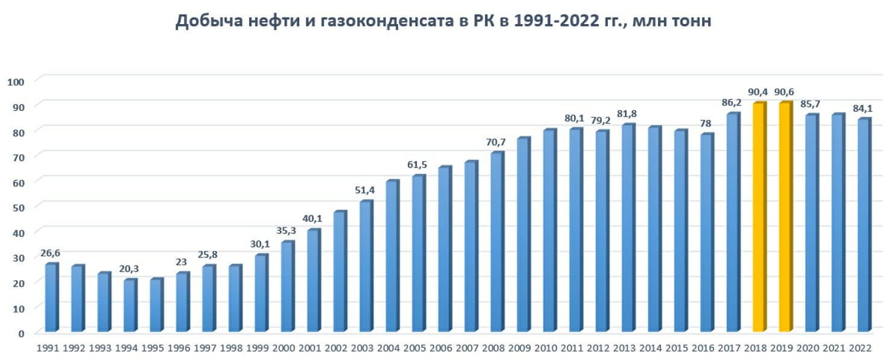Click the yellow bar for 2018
(x=759, y=217)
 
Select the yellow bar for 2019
(x=785, y=217)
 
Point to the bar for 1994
(x=130, y=305)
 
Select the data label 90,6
(x=785, y=92)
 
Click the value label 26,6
(x=51, y=253)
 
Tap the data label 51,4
(x=364, y=191)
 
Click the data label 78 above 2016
(x=706, y=124)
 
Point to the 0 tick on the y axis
(x=21, y=333)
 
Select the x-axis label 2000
(x=283, y=349)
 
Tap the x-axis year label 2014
(x=650, y=349)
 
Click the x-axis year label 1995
(x=152, y=349)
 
